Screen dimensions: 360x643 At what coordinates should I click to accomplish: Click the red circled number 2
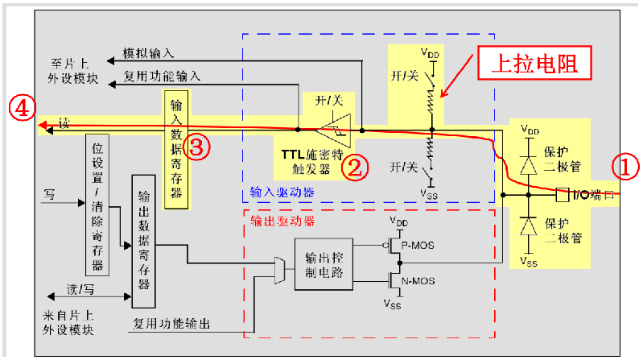pyautogui.click(x=353, y=166)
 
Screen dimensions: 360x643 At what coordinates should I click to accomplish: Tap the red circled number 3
pyautogui.click(x=199, y=147)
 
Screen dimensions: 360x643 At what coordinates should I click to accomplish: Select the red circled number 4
pyautogui.click(x=22, y=108)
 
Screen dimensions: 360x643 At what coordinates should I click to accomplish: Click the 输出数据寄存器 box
pyautogui.click(x=145, y=240)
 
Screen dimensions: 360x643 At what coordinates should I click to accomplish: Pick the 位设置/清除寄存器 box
pyautogui.click(x=97, y=205)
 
